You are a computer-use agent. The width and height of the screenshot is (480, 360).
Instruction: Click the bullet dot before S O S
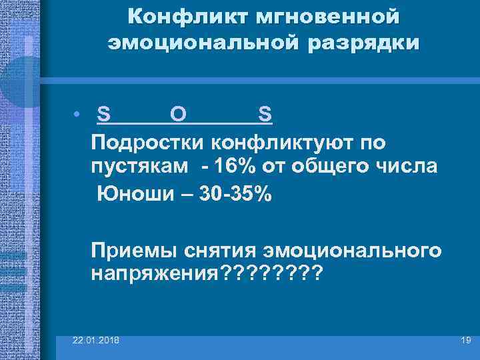point(78,115)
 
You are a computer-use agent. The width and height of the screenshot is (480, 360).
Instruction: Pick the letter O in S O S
point(178,115)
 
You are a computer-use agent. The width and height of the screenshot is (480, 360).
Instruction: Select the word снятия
point(216,251)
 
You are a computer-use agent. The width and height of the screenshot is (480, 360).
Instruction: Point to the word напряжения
point(150,273)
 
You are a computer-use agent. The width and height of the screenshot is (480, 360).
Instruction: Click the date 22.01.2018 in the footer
point(97,340)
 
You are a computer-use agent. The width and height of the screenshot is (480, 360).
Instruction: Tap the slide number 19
point(465,340)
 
